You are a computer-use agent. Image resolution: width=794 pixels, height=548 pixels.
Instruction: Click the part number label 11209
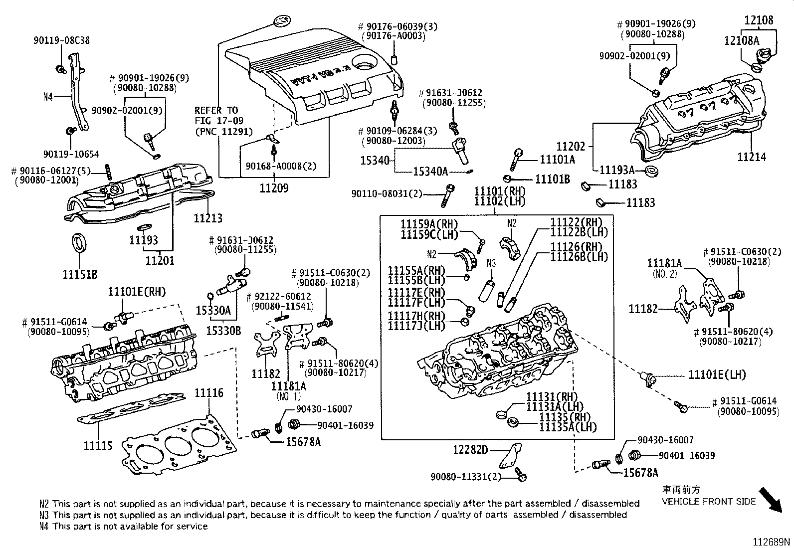point(273,188)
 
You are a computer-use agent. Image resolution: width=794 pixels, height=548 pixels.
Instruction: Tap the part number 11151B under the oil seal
point(80,274)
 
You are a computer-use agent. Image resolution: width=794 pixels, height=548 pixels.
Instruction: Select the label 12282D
point(470,450)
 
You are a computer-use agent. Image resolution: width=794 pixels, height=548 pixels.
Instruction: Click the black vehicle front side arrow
point(776,500)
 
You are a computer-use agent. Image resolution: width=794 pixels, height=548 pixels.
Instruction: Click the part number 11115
point(98,445)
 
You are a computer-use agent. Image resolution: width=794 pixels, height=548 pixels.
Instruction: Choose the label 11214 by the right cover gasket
point(752,157)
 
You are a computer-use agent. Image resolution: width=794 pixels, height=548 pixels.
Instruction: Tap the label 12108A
point(741,41)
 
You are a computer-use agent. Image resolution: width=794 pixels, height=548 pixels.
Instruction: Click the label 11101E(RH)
point(137,292)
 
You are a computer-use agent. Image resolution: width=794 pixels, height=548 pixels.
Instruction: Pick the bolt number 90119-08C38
point(62,40)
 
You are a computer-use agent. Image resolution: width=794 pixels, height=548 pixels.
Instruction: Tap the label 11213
point(208,218)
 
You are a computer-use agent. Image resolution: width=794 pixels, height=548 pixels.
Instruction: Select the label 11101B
point(552,179)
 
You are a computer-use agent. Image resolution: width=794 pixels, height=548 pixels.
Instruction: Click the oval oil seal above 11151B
point(79,242)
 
